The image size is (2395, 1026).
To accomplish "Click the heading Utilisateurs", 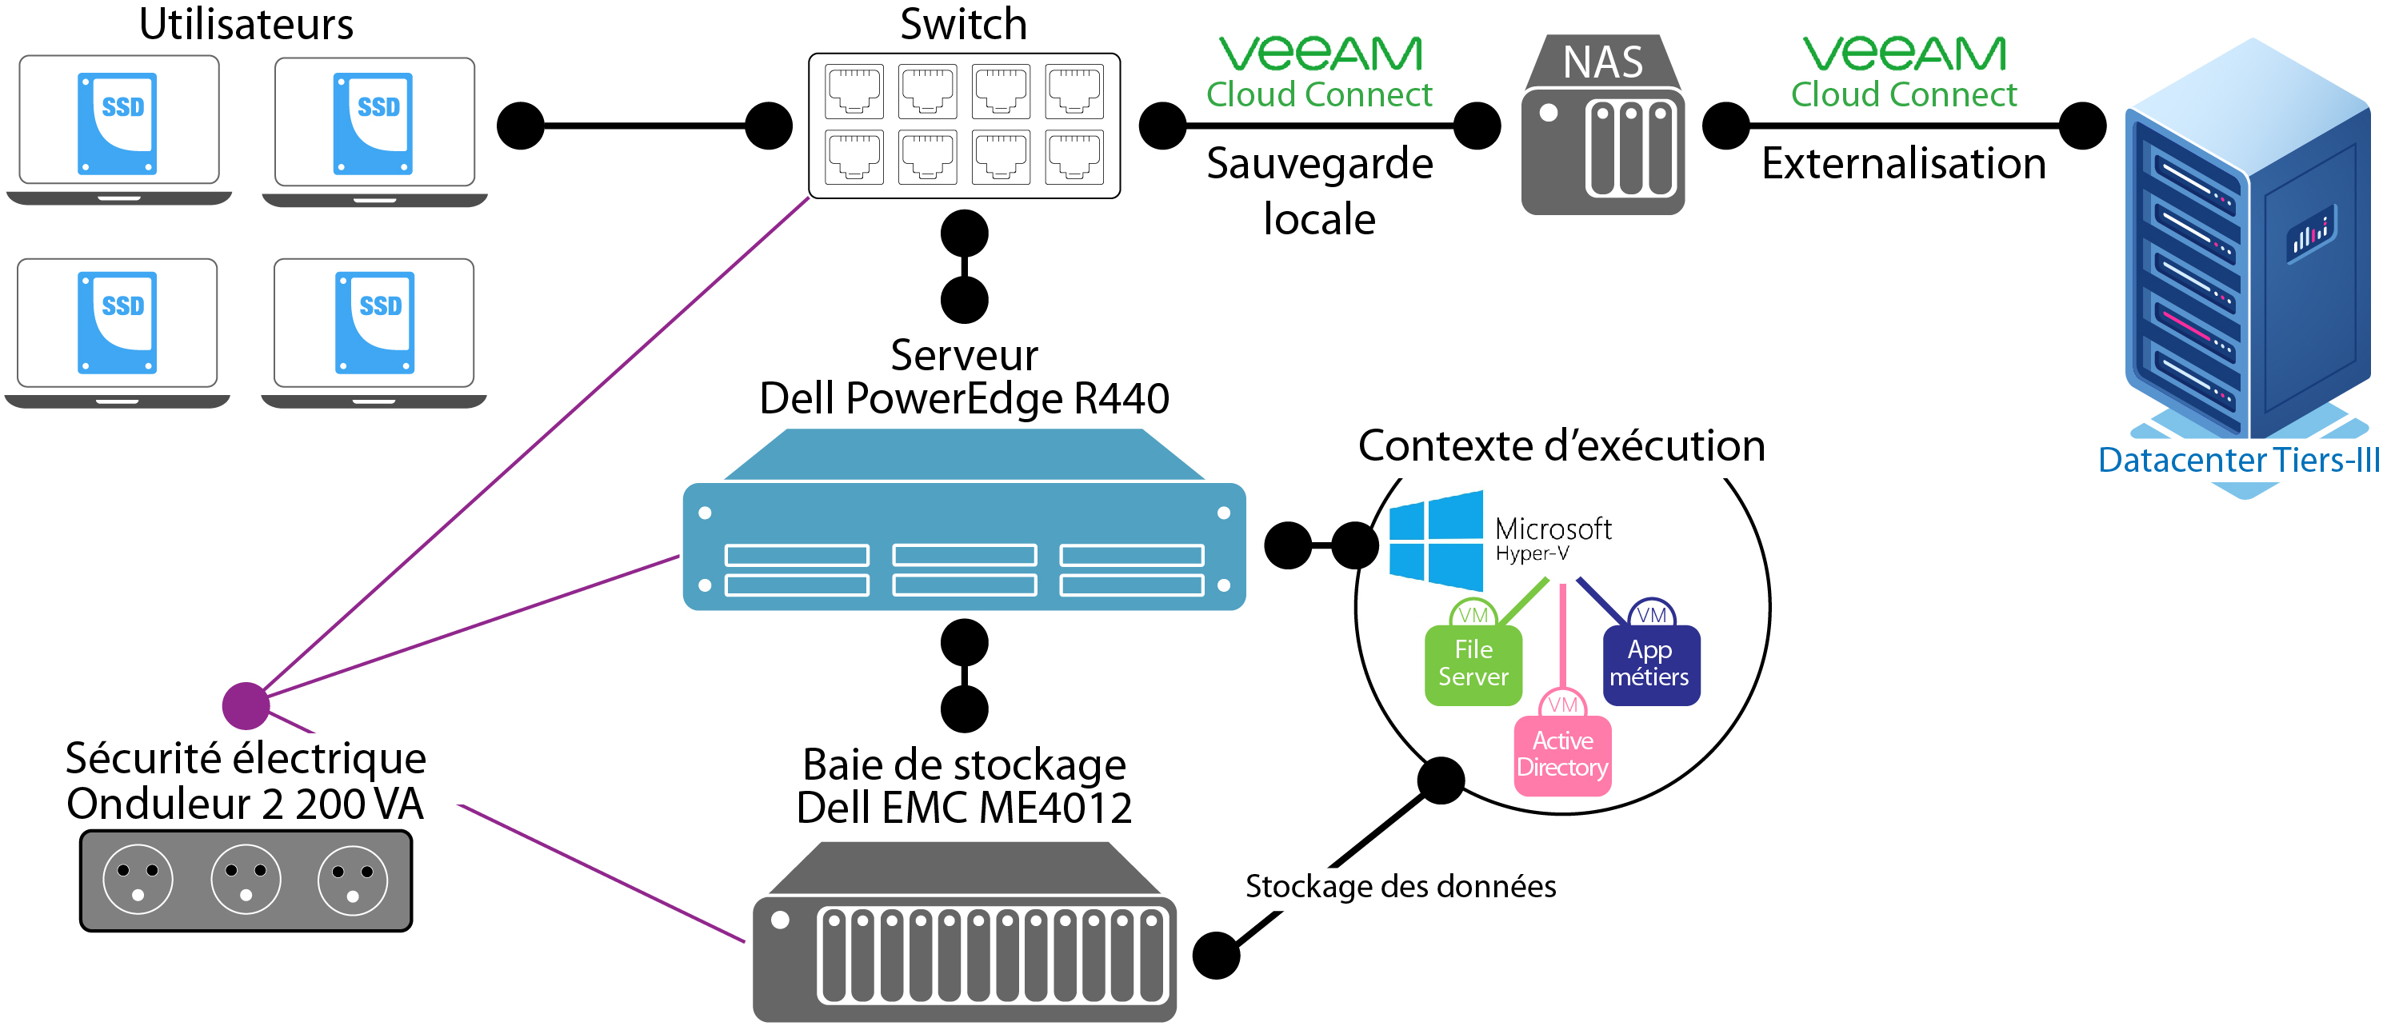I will (246, 24).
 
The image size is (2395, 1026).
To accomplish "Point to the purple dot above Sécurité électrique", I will (246, 706).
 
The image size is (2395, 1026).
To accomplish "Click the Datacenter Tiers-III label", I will (2238, 460).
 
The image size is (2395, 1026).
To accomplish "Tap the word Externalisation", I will (1903, 164).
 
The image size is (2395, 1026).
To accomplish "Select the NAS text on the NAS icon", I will (1602, 63).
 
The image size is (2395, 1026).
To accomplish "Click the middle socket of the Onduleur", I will (246, 879).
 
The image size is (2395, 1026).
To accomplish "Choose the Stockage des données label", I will (1400, 886).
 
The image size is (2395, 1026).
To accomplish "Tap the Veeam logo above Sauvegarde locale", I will (1319, 54).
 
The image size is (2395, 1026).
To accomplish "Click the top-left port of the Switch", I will (854, 91).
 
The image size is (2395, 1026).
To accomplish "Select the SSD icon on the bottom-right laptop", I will (374, 322).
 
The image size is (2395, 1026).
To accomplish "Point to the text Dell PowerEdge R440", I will (964, 399).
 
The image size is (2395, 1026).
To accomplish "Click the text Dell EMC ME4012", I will (964, 808).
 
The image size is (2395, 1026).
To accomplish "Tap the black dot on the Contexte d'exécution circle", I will (1440, 780).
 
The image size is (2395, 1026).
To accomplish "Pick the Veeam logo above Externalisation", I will (1903, 54).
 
